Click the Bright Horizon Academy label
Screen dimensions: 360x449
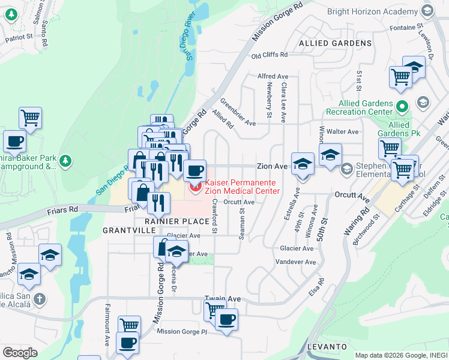point(373,11)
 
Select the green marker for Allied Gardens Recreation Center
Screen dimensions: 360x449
point(402,107)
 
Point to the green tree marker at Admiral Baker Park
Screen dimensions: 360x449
point(65,161)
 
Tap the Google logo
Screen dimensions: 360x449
point(20,353)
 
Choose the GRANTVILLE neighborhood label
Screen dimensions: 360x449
point(125,230)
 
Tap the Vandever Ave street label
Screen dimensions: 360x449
point(295,262)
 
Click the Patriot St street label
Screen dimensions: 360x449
point(19,37)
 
